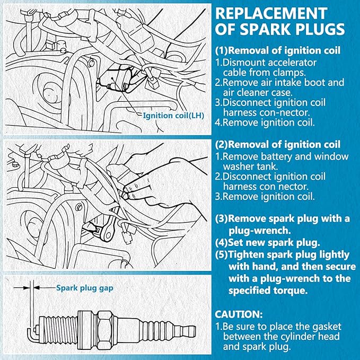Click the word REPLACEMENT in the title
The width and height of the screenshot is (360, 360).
[271, 14]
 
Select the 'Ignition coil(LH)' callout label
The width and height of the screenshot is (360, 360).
[173, 116]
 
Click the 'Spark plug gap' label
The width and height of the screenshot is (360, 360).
[85, 288]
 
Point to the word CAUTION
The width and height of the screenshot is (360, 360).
[239, 314]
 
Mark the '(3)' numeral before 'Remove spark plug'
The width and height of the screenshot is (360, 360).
[221, 219]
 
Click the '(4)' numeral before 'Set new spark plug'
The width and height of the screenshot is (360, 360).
[221, 243]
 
